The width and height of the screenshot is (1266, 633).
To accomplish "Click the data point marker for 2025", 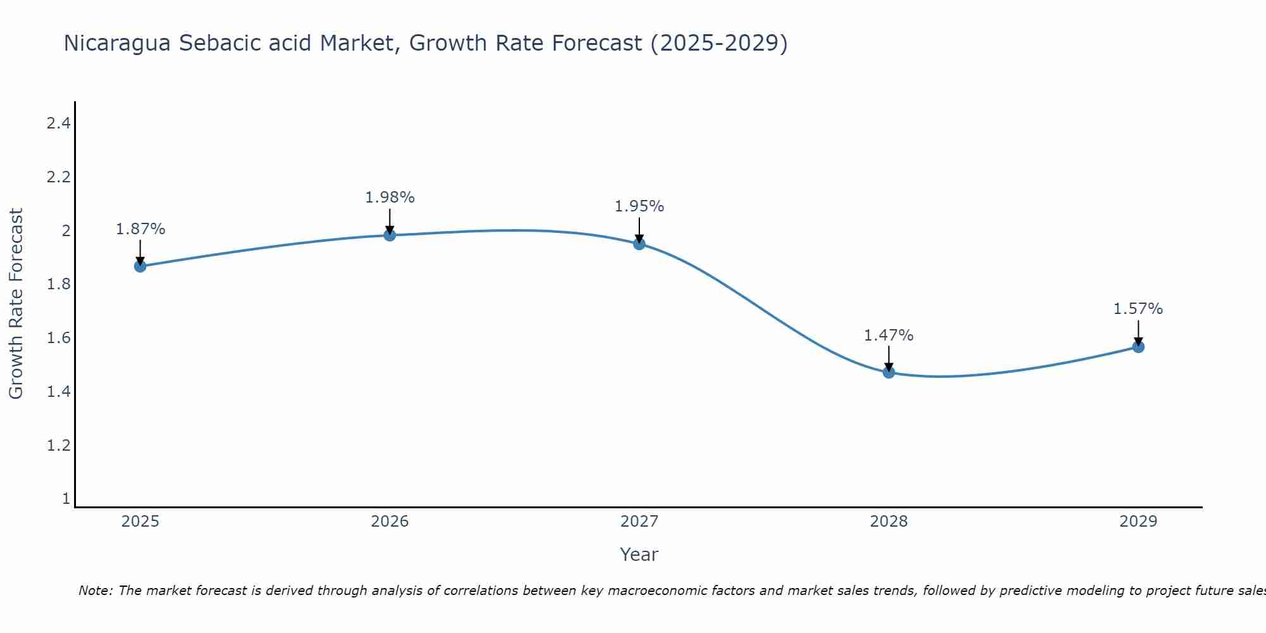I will (x=140, y=266).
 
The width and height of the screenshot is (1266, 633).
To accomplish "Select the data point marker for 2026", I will (x=390, y=235).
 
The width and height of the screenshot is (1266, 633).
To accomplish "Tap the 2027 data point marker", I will (x=639, y=244).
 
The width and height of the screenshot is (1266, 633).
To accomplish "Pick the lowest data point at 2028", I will (x=889, y=372).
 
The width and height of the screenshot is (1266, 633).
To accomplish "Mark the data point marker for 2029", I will (x=1138, y=346).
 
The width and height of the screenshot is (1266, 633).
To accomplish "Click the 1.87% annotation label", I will (x=140, y=229).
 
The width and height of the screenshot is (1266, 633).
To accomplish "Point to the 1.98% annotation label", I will (x=390, y=197).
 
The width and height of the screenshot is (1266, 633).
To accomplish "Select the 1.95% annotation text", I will (x=639, y=206).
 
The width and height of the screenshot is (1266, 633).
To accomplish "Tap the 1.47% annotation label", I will (x=889, y=335).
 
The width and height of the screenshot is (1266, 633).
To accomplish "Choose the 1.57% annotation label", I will (x=1138, y=309).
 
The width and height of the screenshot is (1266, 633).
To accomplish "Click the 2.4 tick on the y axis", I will (x=58, y=123).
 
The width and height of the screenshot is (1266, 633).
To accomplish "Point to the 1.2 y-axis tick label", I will (x=58, y=445).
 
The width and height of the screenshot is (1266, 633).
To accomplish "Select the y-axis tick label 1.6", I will (x=58, y=337).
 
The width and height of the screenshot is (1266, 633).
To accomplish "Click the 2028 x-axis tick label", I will (x=889, y=522).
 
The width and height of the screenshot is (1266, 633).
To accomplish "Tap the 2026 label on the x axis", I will (x=390, y=522).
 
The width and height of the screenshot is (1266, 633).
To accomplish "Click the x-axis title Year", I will (x=639, y=555).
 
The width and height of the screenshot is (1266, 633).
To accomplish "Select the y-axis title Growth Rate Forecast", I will (x=16, y=303).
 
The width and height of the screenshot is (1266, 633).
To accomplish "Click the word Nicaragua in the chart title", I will (x=117, y=44).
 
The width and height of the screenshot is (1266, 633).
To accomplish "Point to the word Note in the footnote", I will (x=95, y=591).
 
